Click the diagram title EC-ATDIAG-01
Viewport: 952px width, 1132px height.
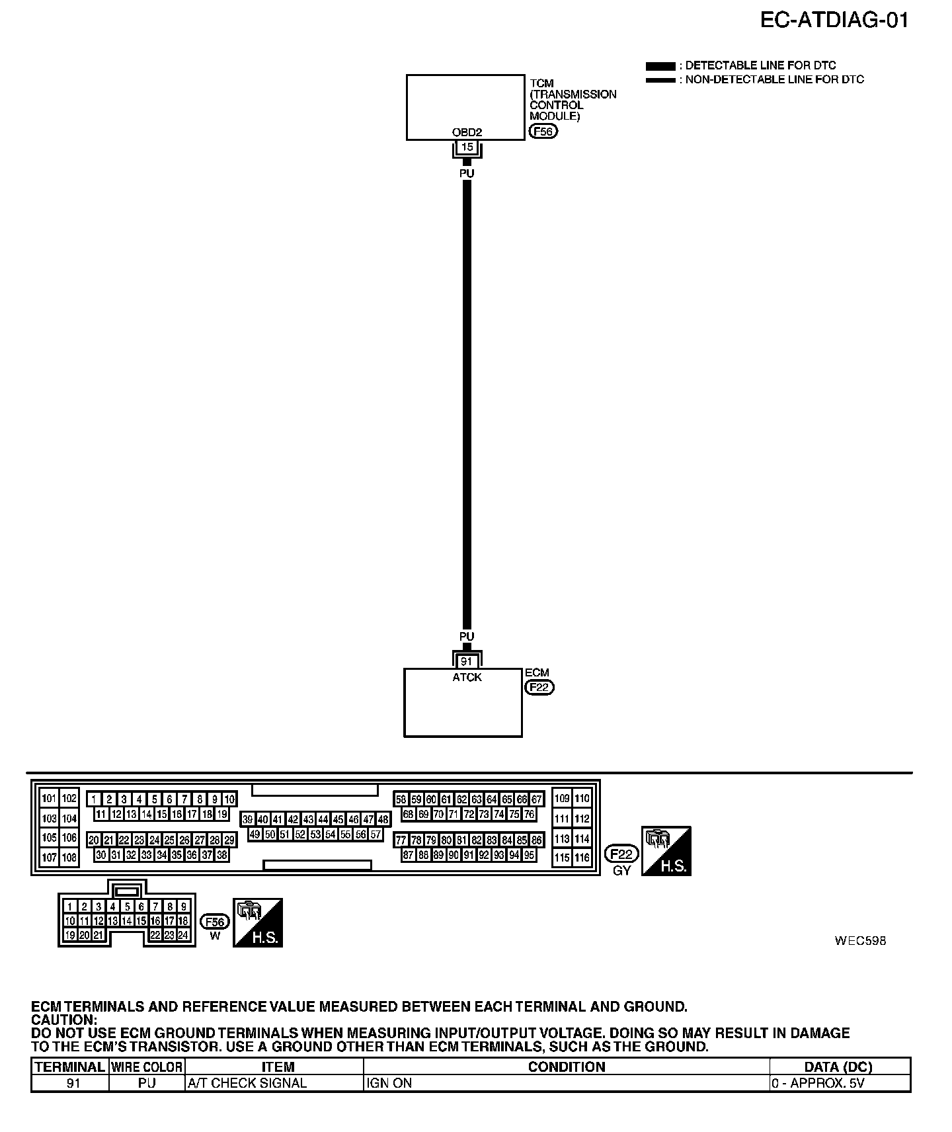(x=834, y=20)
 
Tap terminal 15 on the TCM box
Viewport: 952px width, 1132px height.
(x=467, y=147)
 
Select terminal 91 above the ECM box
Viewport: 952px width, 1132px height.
(x=467, y=661)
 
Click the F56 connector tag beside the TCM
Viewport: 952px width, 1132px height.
(x=543, y=132)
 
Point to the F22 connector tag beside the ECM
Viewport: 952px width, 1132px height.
(x=539, y=688)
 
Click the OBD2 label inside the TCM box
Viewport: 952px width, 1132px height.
(x=467, y=132)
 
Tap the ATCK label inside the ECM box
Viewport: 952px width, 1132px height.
(x=467, y=677)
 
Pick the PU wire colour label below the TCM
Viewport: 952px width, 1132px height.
(x=467, y=173)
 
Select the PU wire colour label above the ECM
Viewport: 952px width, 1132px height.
(x=467, y=636)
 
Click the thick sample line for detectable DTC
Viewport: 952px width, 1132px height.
(x=660, y=66)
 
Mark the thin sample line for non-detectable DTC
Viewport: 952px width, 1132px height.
(x=660, y=80)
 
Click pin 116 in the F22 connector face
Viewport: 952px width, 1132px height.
(x=582, y=858)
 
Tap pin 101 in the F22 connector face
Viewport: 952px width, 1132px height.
(x=49, y=798)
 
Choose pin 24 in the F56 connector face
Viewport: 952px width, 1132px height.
(x=183, y=935)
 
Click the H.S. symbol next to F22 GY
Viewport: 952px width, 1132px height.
(x=666, y=851)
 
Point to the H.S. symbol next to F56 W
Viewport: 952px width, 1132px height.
(x=258, y=922)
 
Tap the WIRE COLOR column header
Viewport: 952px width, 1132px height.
(x=147, y=1067)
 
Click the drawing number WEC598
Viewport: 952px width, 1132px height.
(x=860, y=940)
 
